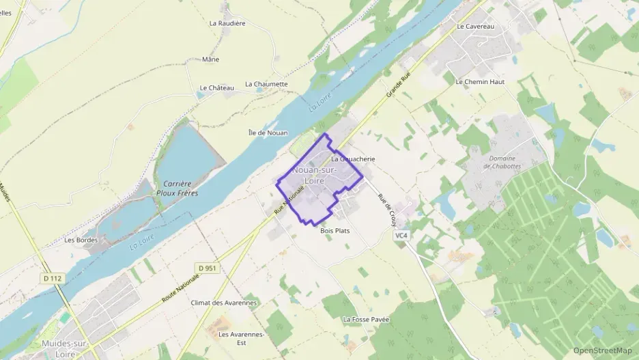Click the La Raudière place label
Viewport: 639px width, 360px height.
(227, 23)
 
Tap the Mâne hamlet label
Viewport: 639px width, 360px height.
(211, 59)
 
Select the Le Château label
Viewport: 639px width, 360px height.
(217, 87)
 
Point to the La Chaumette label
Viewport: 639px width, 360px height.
(266, 84)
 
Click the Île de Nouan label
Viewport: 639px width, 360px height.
(268, 133)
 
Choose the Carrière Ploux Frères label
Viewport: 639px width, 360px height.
(176, 189)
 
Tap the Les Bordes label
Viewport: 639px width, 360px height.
(81, 240)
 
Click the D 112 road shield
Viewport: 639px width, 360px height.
(52, 278)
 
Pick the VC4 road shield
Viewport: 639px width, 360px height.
(401, 236)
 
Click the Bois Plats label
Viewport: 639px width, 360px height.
(335, 231)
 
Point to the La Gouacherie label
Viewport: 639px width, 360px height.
(354, 158)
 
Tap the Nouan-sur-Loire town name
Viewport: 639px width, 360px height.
(318, 175)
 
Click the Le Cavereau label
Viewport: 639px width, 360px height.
(475, 26)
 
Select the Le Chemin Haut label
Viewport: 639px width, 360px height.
(479, 81)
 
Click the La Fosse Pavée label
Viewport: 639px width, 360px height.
(366, 319)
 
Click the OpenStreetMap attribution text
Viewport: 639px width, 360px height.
(603, 351)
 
